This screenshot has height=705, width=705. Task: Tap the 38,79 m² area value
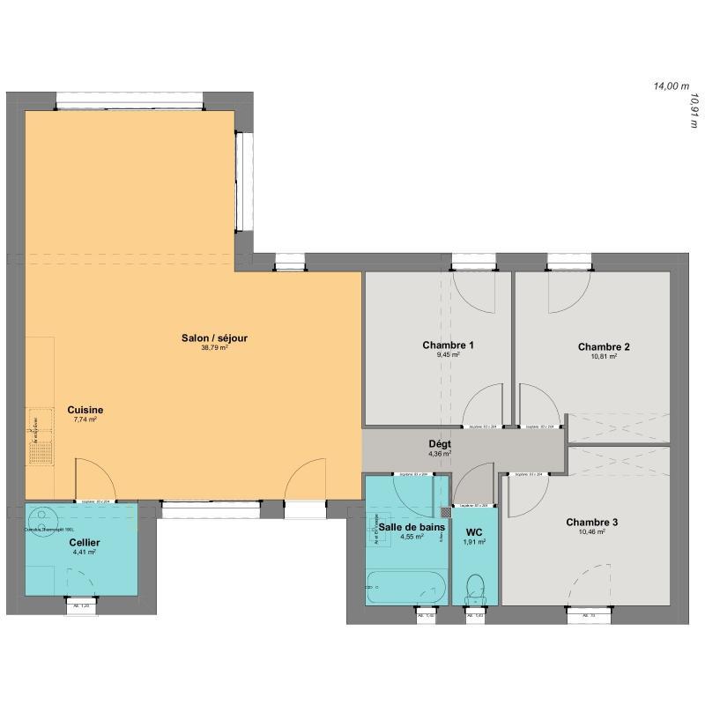(214, 348)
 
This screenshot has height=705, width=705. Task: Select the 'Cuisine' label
(85, 410)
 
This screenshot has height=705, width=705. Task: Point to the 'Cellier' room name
(85, 542)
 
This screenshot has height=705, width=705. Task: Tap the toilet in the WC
(475, 587)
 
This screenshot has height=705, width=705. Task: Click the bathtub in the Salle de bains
(401, 585)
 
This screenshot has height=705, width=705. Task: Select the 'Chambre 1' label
(449, 345)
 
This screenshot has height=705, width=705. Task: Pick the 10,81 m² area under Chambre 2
(603, 357)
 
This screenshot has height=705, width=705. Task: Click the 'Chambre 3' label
(591, 522)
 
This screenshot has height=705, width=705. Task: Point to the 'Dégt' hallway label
(440, 444)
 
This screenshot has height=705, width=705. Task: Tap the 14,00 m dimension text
(670, 86)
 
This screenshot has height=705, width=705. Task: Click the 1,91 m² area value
(474, 544)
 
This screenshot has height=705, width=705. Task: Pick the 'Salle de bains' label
(406, 526)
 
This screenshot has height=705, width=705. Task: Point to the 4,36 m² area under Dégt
(440, 455)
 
